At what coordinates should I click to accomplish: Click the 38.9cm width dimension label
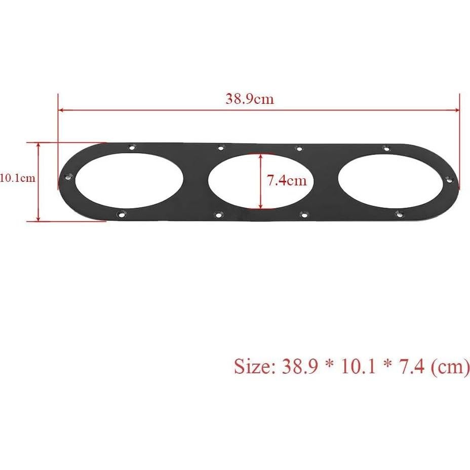pos(250,99)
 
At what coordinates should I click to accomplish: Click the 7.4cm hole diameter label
pos(287,181)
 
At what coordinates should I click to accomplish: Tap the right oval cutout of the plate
pos(389,181)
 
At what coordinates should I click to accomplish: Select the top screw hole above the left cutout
pos(132,147)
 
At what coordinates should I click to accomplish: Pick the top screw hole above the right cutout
pos(386,148)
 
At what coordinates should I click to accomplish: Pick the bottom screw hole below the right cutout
pos(399,214)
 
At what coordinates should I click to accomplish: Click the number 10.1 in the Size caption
pos(359,366)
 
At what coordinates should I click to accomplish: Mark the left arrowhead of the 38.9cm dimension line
pos(61,109)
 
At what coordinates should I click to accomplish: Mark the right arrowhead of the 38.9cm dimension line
pos(457,111)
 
